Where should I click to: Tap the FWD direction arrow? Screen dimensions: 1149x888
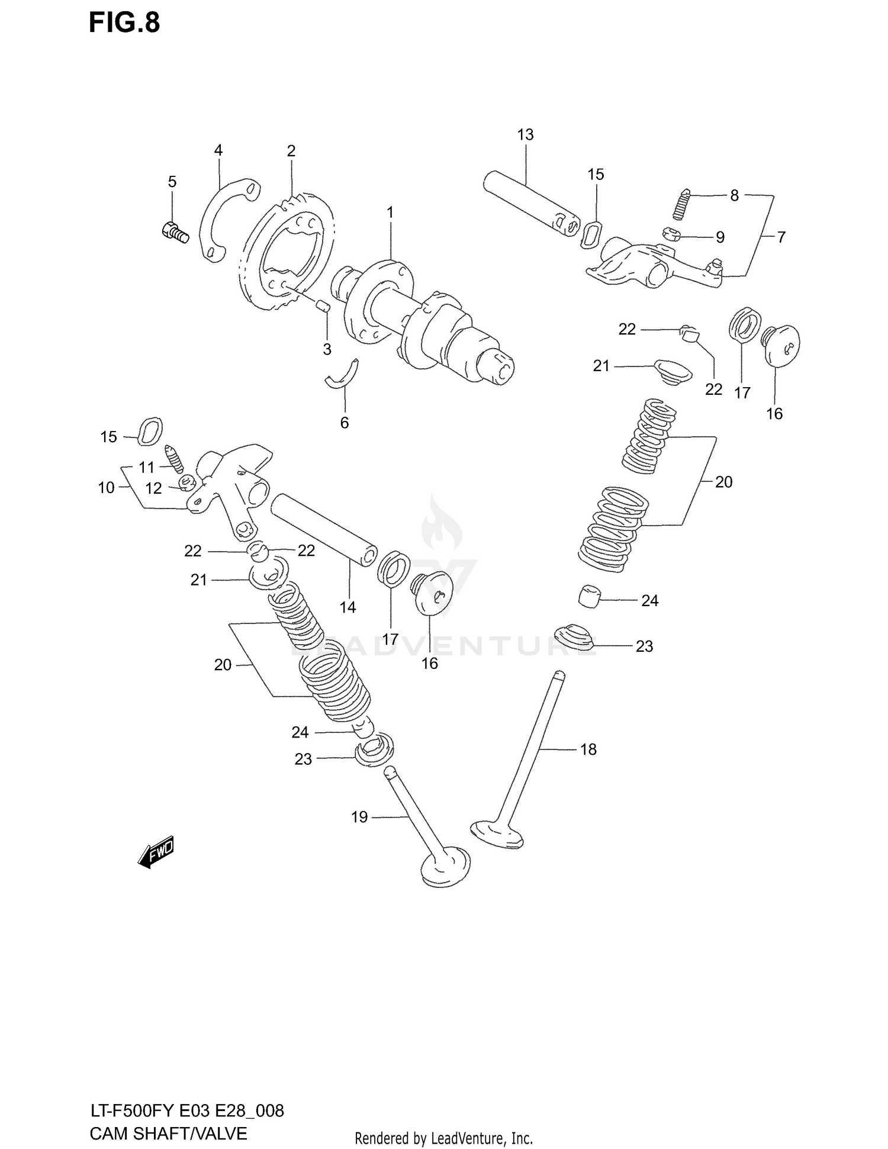tap(156, 853)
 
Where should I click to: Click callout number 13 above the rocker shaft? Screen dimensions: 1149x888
tap(525, 135)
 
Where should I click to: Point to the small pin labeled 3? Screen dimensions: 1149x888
tap(322, 305)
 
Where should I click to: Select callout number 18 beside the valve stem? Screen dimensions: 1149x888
tap(588, 749)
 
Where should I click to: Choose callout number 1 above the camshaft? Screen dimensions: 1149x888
tap(390, 212)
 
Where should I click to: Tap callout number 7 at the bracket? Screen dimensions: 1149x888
tap(781, 237)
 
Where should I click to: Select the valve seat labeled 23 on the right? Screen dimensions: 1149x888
tap(573, 636)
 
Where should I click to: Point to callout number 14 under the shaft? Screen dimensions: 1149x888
tap(348, 607)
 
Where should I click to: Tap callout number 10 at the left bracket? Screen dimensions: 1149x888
tap(106, 488)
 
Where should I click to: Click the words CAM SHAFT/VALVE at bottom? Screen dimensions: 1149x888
tap(168, 1133)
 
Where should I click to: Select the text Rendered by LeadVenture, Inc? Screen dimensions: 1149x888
tap(443, 1138)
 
